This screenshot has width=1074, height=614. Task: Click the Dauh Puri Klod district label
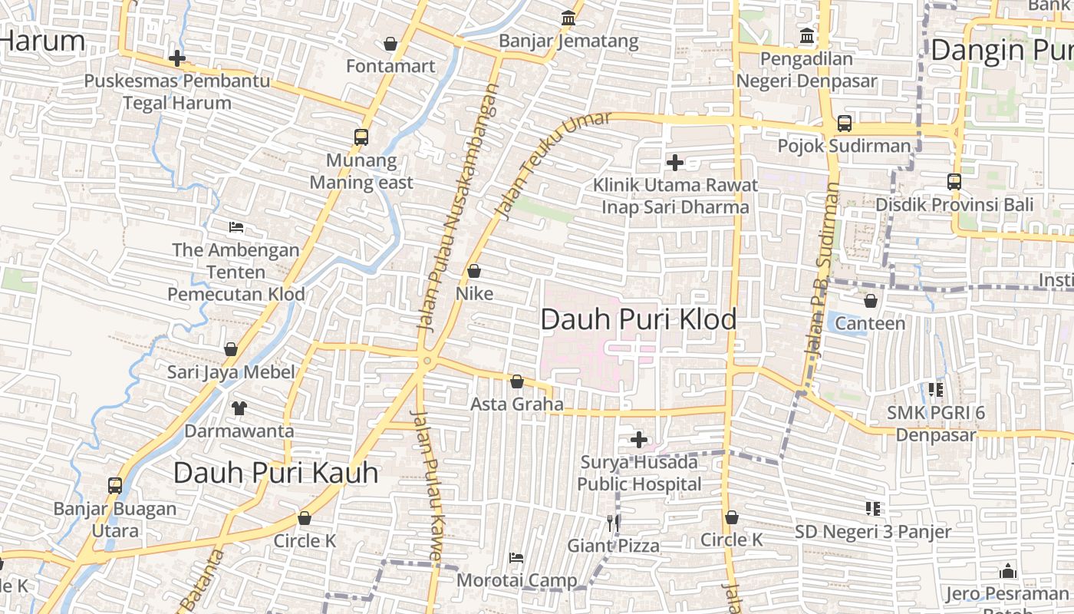click(638, 319)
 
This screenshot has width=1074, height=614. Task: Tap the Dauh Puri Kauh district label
click(275, 473)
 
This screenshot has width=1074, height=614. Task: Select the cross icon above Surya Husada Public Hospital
click(638, 440)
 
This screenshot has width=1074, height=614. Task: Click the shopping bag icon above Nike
click(474, 271)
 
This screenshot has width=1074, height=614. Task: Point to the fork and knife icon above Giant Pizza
click(613, 523)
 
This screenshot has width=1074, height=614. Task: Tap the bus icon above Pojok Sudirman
click(844, 123)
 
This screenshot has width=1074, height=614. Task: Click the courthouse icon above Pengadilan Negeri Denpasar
click(806, 35)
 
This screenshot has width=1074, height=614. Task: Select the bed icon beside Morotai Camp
click(516, 558)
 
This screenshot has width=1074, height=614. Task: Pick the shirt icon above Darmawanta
click(239, 408)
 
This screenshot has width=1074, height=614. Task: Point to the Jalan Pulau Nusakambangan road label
click(458, 207)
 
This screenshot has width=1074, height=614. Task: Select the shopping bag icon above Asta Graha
click(517, 381)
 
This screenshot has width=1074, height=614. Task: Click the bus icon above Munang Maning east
click(361, 137)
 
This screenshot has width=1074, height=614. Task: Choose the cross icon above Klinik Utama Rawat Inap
click(675, 162)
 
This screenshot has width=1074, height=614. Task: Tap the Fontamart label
click(390, 66)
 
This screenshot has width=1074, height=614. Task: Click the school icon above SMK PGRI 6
click(935, 390)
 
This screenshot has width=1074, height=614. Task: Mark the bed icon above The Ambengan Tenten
click(236, 227)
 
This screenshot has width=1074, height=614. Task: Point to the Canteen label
click(870, 323)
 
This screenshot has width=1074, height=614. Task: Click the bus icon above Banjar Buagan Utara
click(115, 485)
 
